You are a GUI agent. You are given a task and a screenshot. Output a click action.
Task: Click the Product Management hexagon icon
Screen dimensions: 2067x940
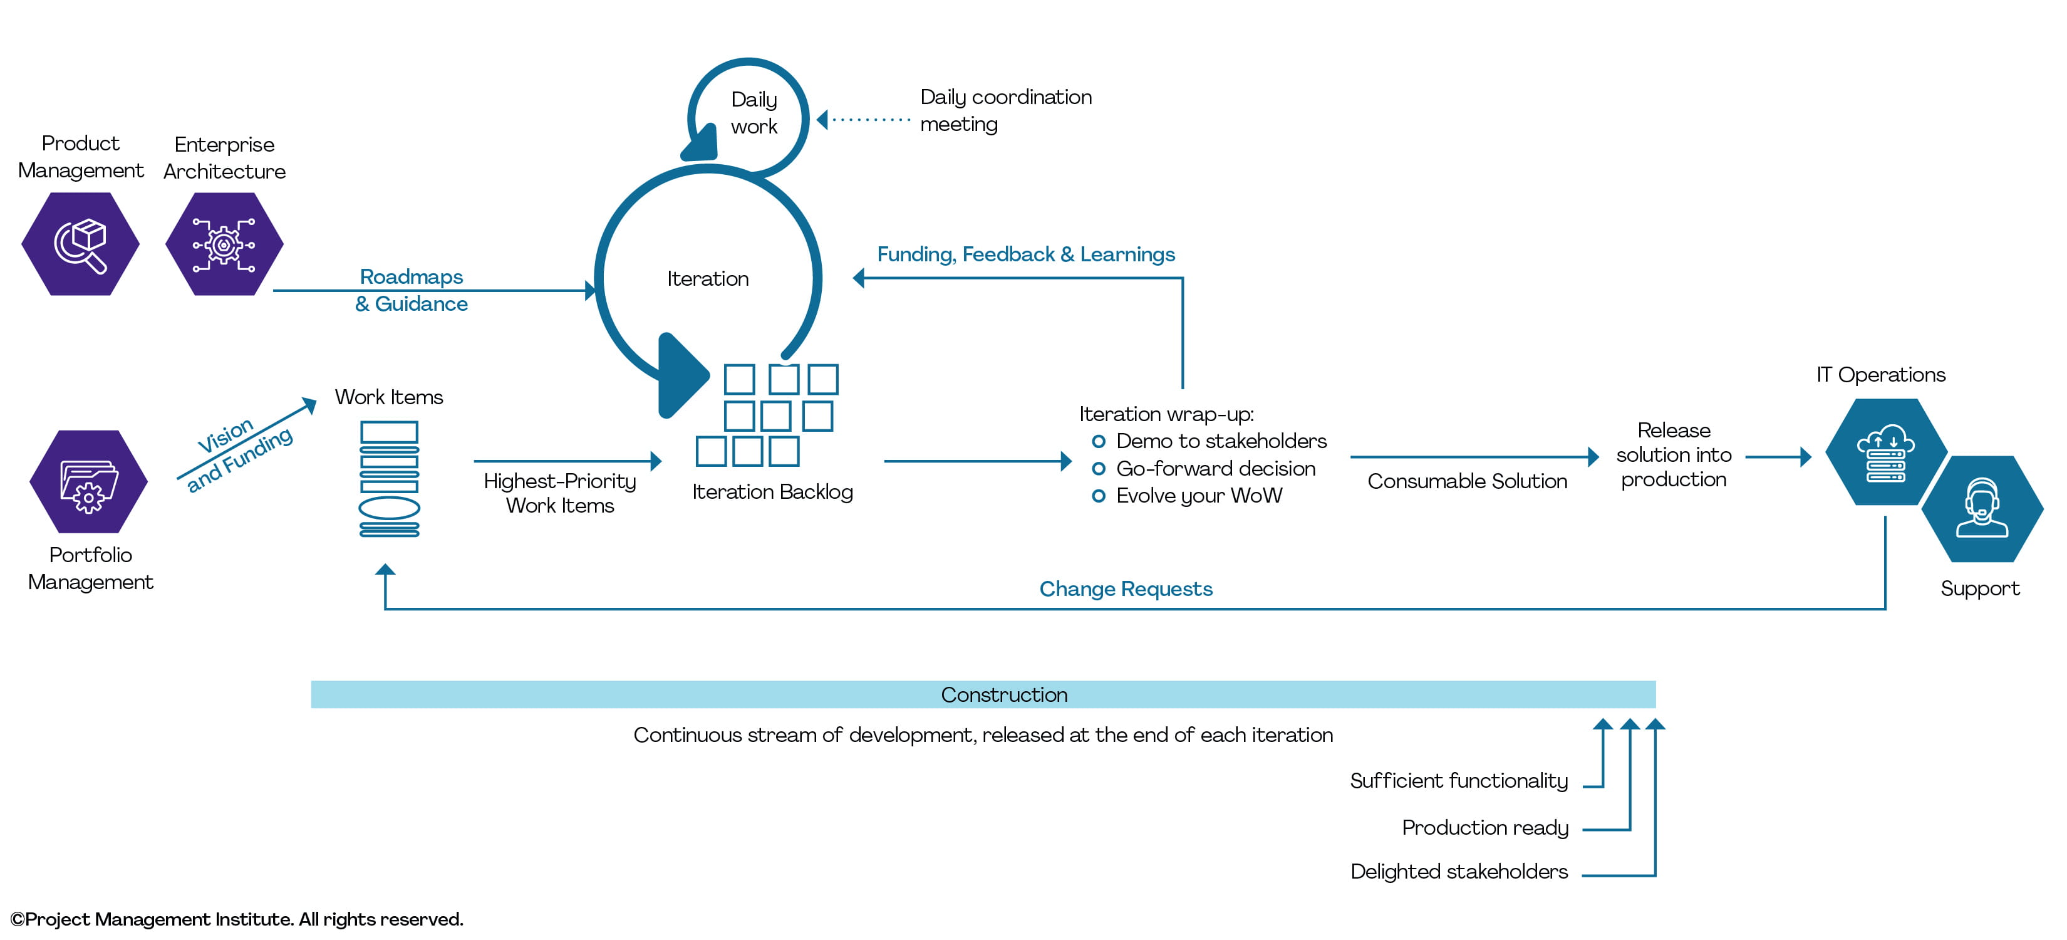80,244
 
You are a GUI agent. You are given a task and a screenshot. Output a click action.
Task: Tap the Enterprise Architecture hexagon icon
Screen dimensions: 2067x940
224,244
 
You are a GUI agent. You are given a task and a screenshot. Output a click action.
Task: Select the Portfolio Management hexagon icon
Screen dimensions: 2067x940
88,482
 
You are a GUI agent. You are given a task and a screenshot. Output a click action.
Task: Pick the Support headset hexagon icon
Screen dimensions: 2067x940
1982,509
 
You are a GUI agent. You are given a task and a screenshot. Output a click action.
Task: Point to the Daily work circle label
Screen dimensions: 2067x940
754,113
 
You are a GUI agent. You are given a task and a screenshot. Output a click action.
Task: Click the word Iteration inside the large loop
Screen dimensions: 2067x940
708,278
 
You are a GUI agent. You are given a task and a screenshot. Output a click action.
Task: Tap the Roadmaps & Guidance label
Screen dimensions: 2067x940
411,290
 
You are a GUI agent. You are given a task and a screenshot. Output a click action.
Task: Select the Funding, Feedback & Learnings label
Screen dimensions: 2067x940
1025,254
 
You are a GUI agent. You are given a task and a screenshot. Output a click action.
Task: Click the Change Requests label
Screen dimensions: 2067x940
1126,589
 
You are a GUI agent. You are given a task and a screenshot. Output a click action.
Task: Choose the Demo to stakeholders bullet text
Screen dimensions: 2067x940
1221,442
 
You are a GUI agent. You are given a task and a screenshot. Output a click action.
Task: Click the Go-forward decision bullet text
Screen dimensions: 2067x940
1216,469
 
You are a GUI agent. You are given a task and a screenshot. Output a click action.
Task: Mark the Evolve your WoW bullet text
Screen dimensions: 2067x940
1199,496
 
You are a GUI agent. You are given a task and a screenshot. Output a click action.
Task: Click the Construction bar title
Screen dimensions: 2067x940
1004,695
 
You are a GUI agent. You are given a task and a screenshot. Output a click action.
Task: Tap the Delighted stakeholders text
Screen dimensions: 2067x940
1459,872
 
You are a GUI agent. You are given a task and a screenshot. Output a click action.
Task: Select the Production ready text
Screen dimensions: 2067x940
1484,828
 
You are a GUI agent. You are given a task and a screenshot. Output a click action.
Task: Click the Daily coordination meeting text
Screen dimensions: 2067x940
1005,111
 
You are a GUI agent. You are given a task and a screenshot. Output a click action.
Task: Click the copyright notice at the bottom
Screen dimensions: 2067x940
237,919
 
